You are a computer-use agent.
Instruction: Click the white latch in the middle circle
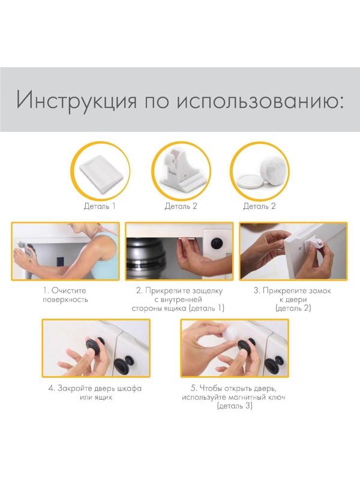179,171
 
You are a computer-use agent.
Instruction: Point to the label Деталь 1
100,206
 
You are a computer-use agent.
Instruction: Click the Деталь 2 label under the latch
181,206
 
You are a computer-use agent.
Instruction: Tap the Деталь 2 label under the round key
259,206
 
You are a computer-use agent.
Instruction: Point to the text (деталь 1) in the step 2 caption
208,308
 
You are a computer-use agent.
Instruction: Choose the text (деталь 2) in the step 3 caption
293,308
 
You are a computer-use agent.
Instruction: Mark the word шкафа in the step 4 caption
129,388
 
